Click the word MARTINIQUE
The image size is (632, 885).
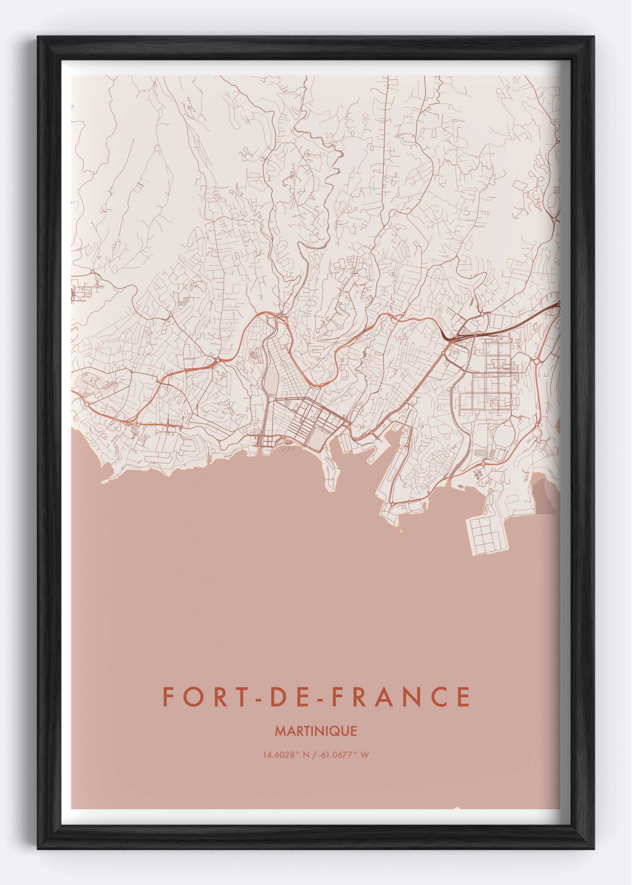click(316, 731)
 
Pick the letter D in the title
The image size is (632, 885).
click(277, 697)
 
